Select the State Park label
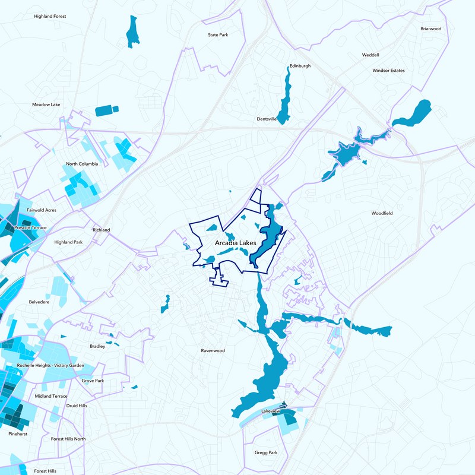tap(218, 35)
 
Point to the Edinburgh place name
tap(300, 66)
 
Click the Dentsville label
tap(267, 119)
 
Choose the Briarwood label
tap(431, 28)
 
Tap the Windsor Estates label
tap(388, 70)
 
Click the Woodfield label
tap(382, 213)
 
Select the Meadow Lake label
tap(46, 104)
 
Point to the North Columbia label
tap(82, 164)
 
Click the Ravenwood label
tap(213, 350)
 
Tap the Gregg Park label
tap(265, 452)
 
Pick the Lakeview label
tap(270, 411)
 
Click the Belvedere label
tap(39, 302)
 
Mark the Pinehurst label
tap(18, 434)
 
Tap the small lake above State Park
tap(132, 31)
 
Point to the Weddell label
tap(370, 55)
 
